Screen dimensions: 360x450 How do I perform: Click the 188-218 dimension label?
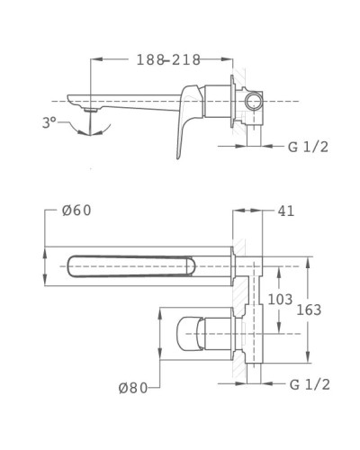pyautogui.click(x=168, y=59)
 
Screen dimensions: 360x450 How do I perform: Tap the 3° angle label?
pyautogui.click(x=49, y=122)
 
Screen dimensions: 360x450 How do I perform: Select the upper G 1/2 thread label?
pyautogui.click(x=308, y=147)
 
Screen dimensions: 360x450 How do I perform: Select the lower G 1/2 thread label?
pyautogui.click(x=310, y=384)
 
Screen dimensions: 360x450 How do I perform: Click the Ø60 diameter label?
pyautogui.click(x=76, y=211)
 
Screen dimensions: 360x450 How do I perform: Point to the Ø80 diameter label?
pyautogui.click(x=133, y=388)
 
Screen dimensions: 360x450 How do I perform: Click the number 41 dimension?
pyautogui.click(x=286, y=211)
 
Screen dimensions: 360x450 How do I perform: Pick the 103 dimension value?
pyautogui.click(x=280, y=300)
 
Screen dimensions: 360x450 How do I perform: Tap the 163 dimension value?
pyautogui.click(x=309, y=310)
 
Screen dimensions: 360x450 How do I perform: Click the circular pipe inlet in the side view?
pyautogui.click(x=254, y=101)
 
